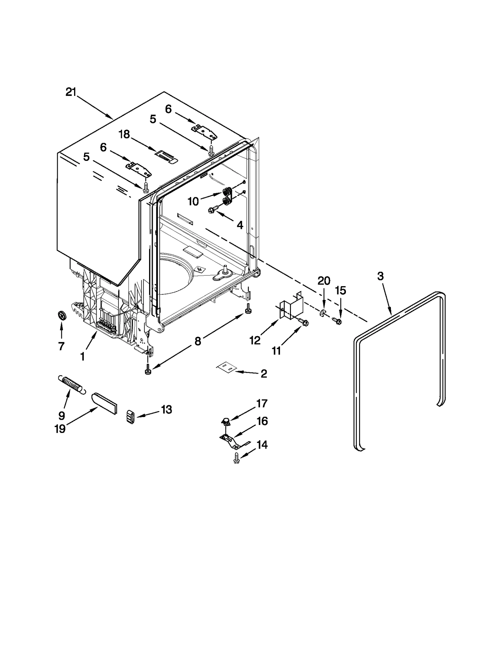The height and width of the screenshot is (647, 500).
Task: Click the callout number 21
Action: pyautogui.click(x=71, y=92)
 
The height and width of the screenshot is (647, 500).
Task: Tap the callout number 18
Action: pyautogui.click(x=124, y=135)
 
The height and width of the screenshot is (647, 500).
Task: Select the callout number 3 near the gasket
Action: pyautogui.click(x=380, y=276)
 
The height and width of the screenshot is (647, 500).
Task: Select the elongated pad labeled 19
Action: pyautogui.click(x=104, y=403)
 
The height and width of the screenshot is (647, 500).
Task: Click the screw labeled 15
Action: pyautogui.click(x=337, y=321)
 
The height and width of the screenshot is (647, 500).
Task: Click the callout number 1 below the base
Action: pyautogui.click(x=82, y=356)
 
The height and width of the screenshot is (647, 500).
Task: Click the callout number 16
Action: pyautogui.click(x=262, y=421)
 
